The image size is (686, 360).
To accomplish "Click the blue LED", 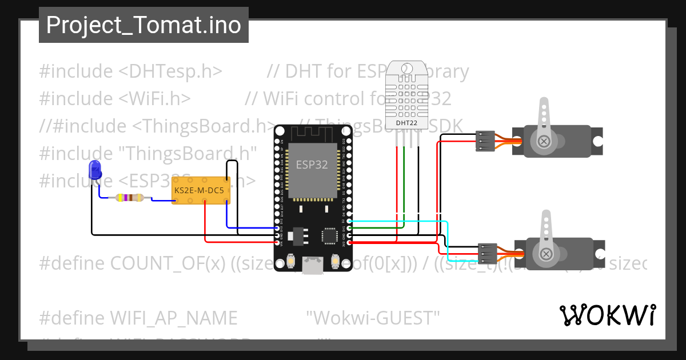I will tap(95, 170).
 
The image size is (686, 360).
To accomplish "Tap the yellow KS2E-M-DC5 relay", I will tap(201, 189).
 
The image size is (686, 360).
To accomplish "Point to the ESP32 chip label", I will tap(312, 165).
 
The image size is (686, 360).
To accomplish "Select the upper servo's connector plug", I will tap(485, 141).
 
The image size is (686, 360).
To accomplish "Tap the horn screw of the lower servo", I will tap(547, 253).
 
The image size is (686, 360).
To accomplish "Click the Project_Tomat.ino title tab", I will tap(143, 25).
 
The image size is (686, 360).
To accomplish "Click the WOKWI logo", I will tap(608, 315).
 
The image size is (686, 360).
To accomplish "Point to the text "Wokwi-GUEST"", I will tap(373, 317).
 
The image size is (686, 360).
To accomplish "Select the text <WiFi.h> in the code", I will tap(155, 98).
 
